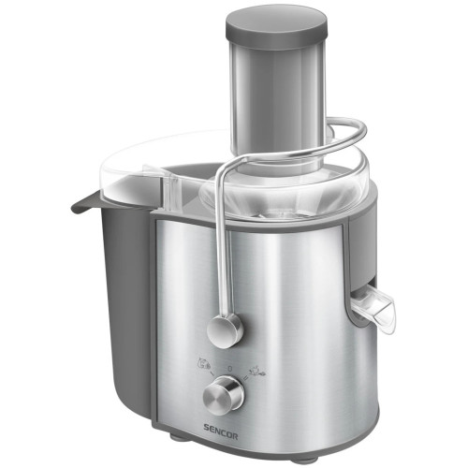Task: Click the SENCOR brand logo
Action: (221, 436)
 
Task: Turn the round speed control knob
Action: (223, 396)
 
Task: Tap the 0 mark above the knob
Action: (230, 369)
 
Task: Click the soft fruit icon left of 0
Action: (205, 364)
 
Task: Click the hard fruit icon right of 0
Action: (257, 369)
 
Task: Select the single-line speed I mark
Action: (212, 373)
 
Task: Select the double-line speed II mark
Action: (245, 378)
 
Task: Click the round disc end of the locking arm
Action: (225, 331)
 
